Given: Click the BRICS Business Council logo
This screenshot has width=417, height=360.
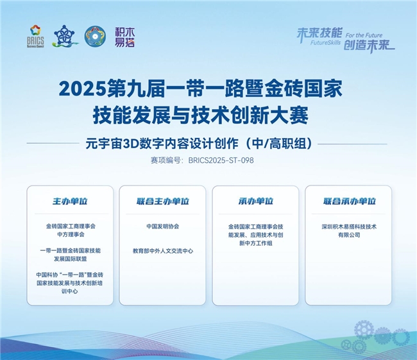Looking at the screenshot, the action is pyautogui.click(x=35, y=36).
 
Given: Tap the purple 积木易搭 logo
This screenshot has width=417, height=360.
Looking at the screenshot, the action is pyautogui.click(x=124, y=37).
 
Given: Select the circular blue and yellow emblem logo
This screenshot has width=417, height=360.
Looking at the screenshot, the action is pyautogui.click(x=95, y=36).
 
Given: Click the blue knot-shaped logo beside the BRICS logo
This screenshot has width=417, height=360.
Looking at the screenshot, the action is pyautogui.click(x=65, y=36).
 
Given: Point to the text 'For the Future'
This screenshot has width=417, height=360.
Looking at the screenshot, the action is pyautogui.click(x=364, y=35).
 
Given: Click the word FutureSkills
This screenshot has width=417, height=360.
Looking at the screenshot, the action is pyautogui.click(x=325, y=42).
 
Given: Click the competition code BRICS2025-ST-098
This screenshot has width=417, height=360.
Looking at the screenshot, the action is pyautogui.click(x=221, y=160).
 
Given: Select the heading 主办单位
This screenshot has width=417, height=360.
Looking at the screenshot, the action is pyautogui.click(x=70, y=201).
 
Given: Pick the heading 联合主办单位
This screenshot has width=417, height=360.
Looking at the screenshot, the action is pyautogui.click(x=163, y=201).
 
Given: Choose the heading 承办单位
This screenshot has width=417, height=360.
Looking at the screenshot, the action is pyautogui.click(x=255, y=201).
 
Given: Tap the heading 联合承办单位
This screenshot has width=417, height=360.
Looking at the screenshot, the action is pyautogui.click(x=350, y=201).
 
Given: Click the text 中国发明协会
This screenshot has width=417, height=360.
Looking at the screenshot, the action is pyautogui.click(x=163, y=227).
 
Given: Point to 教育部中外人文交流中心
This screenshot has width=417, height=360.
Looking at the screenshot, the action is pyautogui.click(x=163, y=251).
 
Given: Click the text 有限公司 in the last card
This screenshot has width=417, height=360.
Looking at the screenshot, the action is pyautogui.click(x=349, y=235).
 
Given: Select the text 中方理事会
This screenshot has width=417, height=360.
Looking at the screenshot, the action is pyautogui.click(x=71, y=234).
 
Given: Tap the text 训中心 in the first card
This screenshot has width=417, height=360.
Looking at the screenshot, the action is pyautogui.click(x=70, y=291).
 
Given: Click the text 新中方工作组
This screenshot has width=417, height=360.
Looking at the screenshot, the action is pyautogui.click(x=255, y=243).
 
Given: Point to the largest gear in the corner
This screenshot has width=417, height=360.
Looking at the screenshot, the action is pyautogui.click(x=364, y=330).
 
